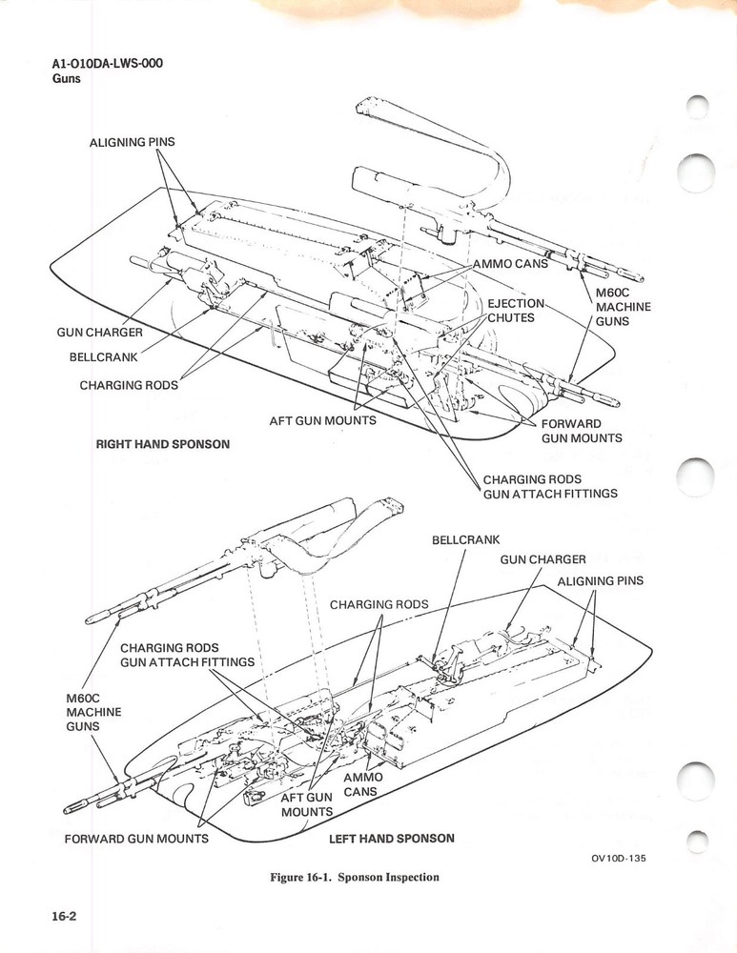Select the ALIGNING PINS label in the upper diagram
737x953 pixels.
pyautogui.click(x=132, y=142)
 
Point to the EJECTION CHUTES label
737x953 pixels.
pyautogui.click(x=516, y=311)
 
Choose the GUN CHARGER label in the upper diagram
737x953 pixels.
pyautogui.click(x=99, y=333)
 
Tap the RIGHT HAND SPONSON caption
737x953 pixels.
pyautogui.click(x=163, y=444)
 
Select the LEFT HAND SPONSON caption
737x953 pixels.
pyautogui.click(x=391, y=839)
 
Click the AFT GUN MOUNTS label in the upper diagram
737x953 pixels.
pyautogui.click(x=322, y=420)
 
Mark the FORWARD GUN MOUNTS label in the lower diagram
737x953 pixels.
pyautogui.click(x=136, y=839)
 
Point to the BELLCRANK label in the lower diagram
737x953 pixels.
pyautogui.click(x=465, y=539)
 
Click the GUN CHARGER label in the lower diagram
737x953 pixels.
pyautogui.click(x=543, y=559)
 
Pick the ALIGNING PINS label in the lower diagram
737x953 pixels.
pyautogui.click(x=601, y=580)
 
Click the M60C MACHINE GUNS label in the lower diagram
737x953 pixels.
pyautogui.click(x=92, y=712)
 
